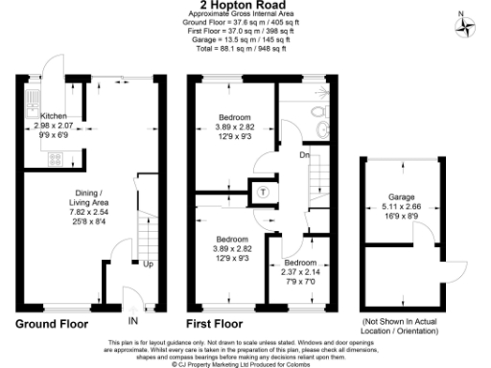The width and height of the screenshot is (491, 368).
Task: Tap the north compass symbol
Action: [x=467, y=25]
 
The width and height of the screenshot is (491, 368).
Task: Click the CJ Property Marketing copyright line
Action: [x=245, y=364]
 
